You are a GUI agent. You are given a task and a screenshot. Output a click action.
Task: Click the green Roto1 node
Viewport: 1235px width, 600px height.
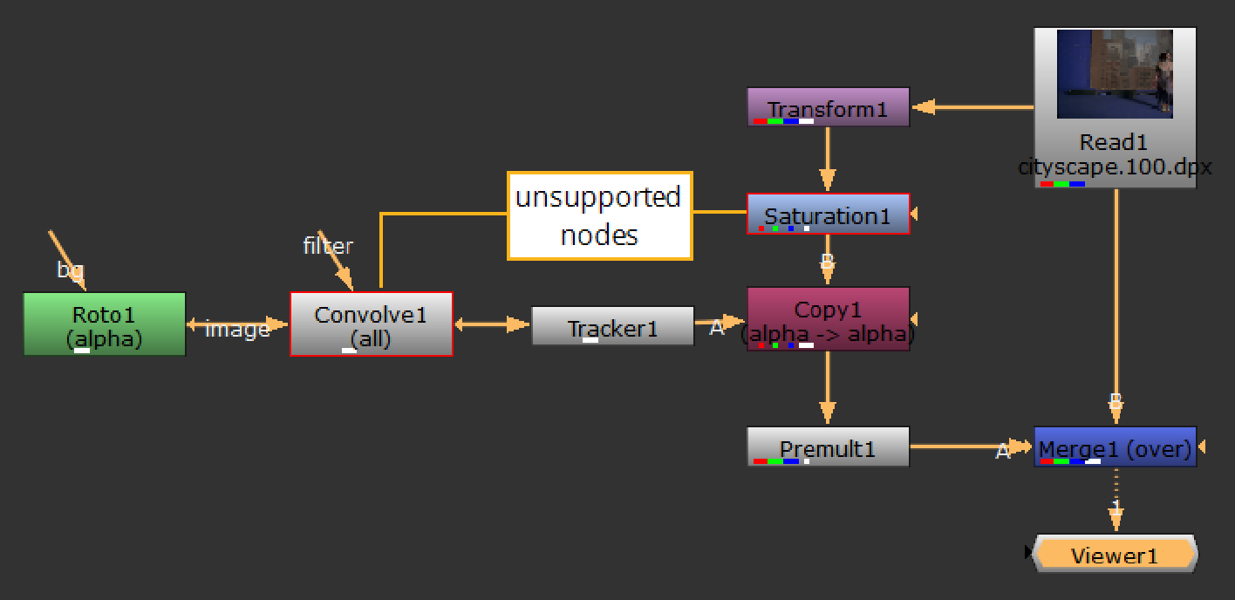pyautogui.click(x=104, y=324)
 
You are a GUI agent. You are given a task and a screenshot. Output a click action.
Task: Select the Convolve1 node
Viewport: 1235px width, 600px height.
pyautogui.click(x=371, y=324)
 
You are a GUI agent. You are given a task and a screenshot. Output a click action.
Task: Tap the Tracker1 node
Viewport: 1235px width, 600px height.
pyautogui.click(x=612, y=326)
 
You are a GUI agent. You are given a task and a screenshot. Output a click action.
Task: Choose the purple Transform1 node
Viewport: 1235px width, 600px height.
pyautogui.click(x=828, y=107)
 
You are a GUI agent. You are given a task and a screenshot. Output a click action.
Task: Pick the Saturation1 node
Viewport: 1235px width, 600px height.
pyautogui.click(x=828, y=214)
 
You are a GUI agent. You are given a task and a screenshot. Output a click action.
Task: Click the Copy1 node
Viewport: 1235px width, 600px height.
pyautogui.click(x=828, y=318)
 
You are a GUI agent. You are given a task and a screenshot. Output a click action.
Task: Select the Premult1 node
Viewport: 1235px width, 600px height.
pyautogui.click(x=828, y=447)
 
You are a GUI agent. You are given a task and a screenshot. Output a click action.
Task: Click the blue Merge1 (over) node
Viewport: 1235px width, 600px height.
pyautogui.click(x=1115, y=447)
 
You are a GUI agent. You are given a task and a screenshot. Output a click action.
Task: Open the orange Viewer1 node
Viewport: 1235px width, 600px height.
pyautogui.click(x=1116, y=555)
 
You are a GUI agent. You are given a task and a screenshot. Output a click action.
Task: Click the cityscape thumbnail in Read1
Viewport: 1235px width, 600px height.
pyautogui.click(x=1115, y=74)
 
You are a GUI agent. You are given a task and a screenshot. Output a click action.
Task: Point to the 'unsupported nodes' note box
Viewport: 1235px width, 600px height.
pyautogui.click(x=599, y=215)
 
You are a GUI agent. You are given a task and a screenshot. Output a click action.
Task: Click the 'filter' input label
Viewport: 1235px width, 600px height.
pyautogui.click(x=328, y=246)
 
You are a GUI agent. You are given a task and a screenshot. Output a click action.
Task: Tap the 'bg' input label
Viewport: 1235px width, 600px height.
pyautogui.click(x=70, y=269)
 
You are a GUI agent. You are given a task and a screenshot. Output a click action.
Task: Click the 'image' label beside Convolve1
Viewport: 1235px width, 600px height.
pyautogui.click(x=237, y=330)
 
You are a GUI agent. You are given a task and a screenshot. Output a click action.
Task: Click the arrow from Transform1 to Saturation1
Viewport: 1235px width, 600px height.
pyautogui.click(x=828, y=161)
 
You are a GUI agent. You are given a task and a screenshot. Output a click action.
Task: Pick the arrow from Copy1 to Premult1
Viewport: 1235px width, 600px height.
pyautogui.click(x=828, y=389)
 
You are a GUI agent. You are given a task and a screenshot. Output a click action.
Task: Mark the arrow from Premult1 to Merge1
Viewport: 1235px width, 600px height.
pyautogui.click(x=959, y=447)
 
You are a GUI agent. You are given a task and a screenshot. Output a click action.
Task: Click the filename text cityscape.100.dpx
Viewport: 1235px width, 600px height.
pyautogui.click(x=1115, y=167)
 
